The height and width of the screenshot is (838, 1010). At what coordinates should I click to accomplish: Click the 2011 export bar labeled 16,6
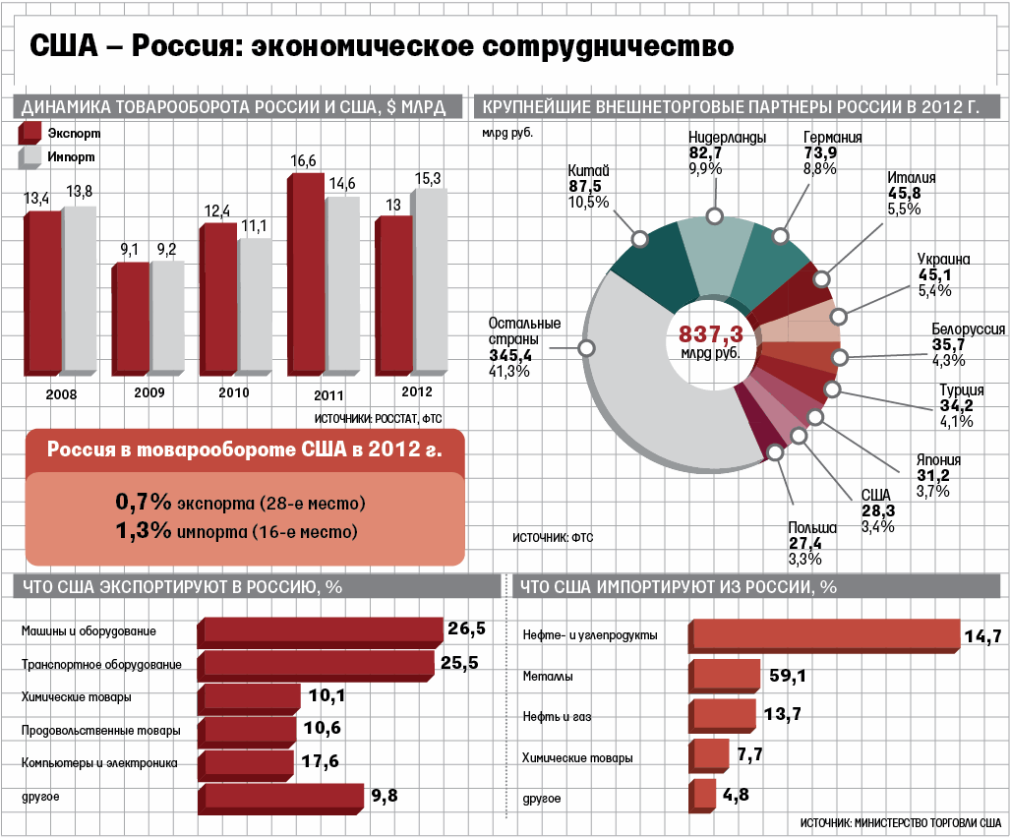tap(306, 275)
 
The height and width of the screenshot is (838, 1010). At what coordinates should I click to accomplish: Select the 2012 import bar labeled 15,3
tap(429, 280)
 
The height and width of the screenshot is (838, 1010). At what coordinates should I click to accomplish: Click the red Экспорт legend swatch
tap(29, 134)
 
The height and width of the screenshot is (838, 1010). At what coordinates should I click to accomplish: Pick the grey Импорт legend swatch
tap(29, 157)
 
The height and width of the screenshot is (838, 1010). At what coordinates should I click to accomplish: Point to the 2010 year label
tap(234, 392)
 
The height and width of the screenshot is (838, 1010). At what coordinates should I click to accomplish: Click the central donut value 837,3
tap(710, 334)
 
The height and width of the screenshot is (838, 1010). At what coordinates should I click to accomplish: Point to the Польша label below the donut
tap(812, 528)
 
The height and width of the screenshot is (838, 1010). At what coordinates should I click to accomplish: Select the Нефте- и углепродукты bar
tap(824, 635)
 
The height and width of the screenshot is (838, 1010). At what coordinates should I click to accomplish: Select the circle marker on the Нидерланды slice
tap(714, 216)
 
